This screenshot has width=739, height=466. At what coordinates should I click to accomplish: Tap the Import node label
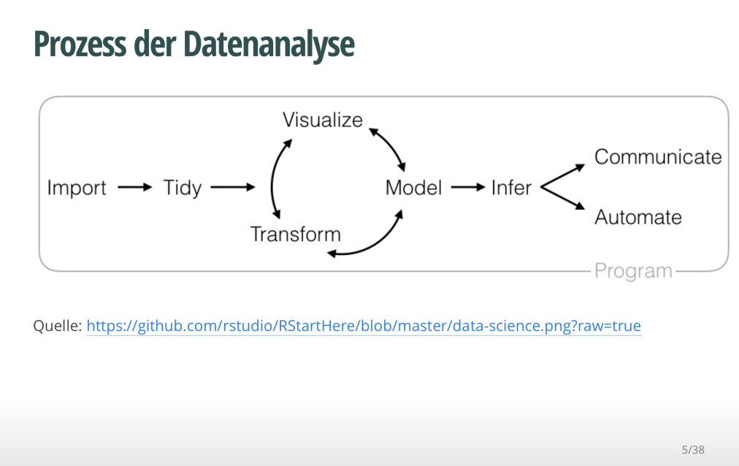pyautogui.click(x=77, y=188)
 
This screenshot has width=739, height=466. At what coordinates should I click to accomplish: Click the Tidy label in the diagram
pyautogui.click(x=182, y=188)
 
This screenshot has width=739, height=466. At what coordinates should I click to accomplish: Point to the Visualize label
pyautogui.click(x=323, y=120)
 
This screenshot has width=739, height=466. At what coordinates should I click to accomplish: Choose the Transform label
pyautogui.click(x=295, y=234)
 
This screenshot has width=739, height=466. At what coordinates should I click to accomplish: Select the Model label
pyautogui.click(x=413, y=188)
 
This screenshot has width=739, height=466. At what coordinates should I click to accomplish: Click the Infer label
pyautogui.click(x=511, y=188)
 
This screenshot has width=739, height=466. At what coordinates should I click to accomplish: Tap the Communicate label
pyautogui.click(x=658, y=157)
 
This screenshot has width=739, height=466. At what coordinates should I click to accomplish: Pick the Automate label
pyautogui.click(x=638, y=217)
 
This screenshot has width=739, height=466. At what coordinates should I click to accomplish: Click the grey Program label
pyautogui.click(x=633, y=271)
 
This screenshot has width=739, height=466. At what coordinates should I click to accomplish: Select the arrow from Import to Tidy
pyautogui.click(x=134, y=188)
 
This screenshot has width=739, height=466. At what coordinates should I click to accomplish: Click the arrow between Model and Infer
pyautogui.click(x=467, y=188)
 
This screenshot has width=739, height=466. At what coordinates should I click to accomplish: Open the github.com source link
pyautogui.click(x=364, y=326)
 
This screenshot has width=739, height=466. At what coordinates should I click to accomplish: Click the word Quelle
pyautogui.click(x=57, y=326)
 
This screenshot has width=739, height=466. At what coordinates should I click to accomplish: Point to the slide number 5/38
pyautogui.click(x=693, y=449)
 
